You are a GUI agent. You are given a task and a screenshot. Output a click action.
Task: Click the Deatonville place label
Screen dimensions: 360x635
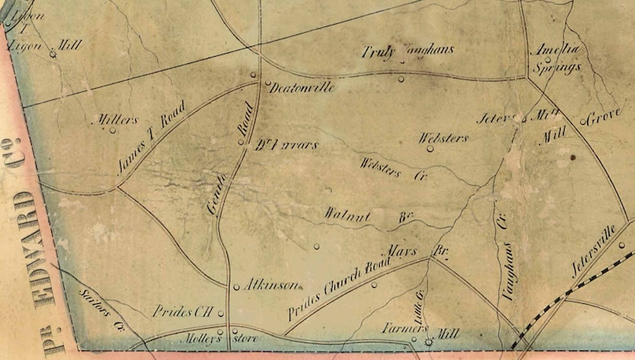[298, 88]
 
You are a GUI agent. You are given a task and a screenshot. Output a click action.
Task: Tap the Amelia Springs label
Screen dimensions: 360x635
[557, 58]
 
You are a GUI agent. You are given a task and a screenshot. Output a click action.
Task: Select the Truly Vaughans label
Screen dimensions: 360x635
[408, 51]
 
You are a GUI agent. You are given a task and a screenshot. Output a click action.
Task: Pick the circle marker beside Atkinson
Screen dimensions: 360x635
[237, 286]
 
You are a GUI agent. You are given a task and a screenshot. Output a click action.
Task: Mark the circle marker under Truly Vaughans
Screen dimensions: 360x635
[401, 78]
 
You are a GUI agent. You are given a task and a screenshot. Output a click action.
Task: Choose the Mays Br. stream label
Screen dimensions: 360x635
[417, 251]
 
